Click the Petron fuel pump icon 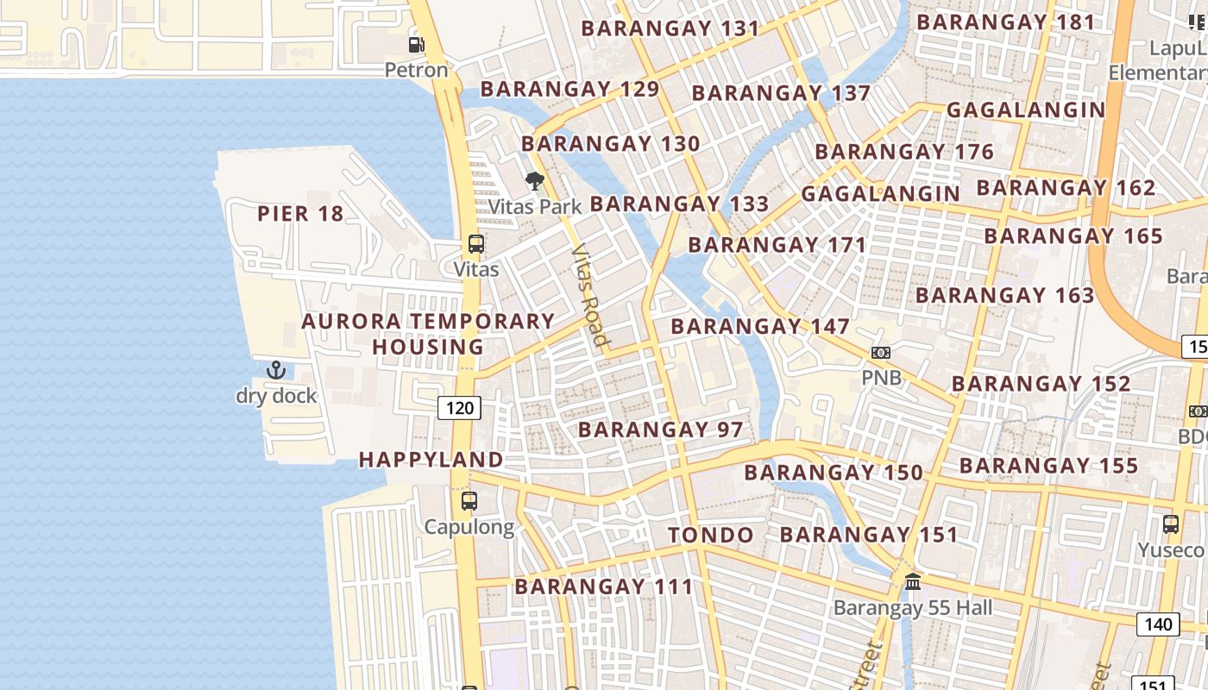click(x=416, y=44)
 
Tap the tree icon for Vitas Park click(x=535, y=181)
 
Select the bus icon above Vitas click(x=476, y=244)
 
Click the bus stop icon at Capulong click(x=469, y=501)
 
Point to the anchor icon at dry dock click(x=276, y=371)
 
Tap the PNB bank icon click(x=880, y=353)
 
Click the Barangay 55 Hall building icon click(x=913, y=582)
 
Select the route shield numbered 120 click(x=459, y=407)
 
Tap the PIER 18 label click(x=300, y=214)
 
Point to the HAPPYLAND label click(x=431, y=460)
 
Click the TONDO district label click(x=711, y=535)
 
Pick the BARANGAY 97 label click(x=660, y=430)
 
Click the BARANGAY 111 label click(x=604, y=587)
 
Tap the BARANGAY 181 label click(x=1005, y=22)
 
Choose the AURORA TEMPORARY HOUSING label click(x=428, y=334)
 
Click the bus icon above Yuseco click(x=1171, y=524)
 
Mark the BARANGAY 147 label click(x=760, y=327)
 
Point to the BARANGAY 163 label click(x=1004, y=295)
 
